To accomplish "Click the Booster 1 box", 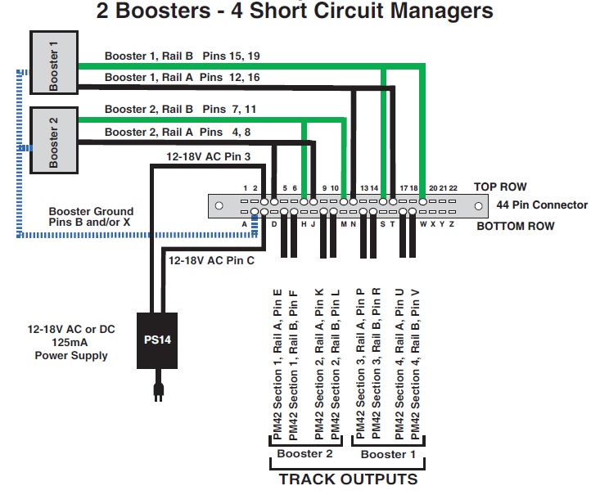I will pyautogui.click(x=53, y=65).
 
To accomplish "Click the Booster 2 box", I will pyautogui.click(x=53, y=139).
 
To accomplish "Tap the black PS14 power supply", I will pyautogui.click(x=160, y=340).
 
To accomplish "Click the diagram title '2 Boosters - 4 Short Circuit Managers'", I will pyautogui.click(x=295, y=11).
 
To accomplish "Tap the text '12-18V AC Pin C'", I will pyautogui.click(x=210, y=260).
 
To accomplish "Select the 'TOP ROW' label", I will pyautogui.click(x=500, y=187).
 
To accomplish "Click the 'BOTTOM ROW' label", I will pyautogui.click(x=516, y=226).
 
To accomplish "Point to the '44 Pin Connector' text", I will pyautogui.click(x=542, y=205).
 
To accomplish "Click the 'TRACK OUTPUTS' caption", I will pyautogui.click(x=348, y=479).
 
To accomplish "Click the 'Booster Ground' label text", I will pyautogui.click(x=91, y=211).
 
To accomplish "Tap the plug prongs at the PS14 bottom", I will pyautogui.click(x=160, y=392).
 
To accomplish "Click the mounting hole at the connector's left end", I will pyautogui.click(x=219, y=205).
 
